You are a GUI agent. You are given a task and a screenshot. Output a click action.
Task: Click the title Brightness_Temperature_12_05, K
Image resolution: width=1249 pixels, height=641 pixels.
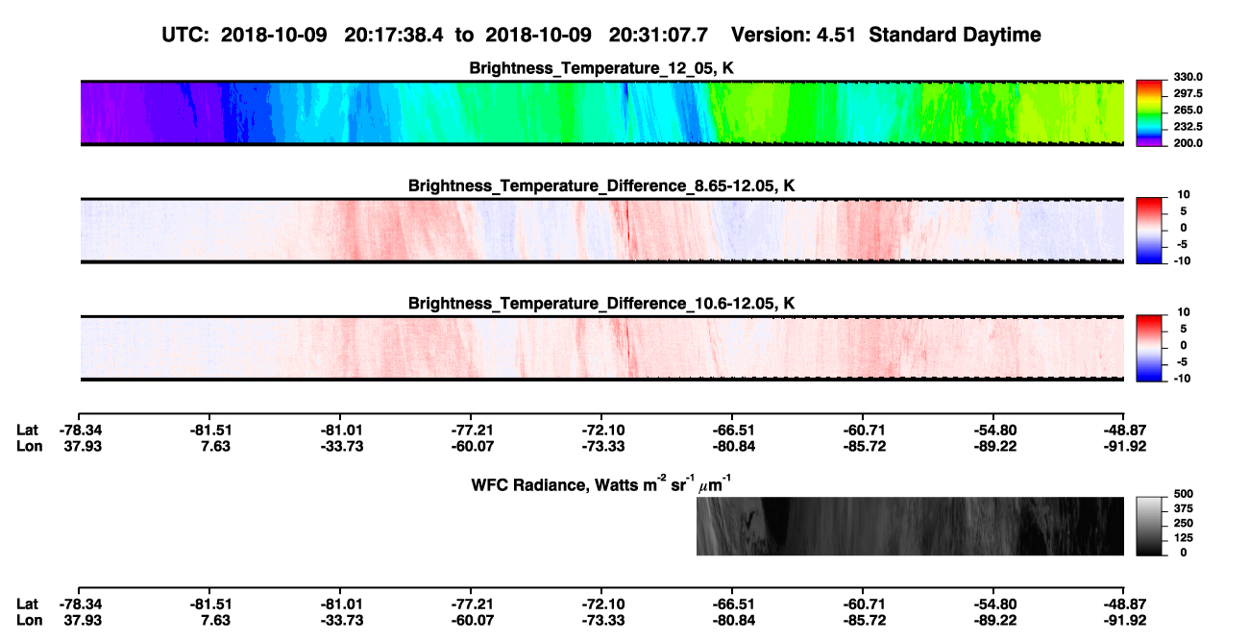tap(601, 68)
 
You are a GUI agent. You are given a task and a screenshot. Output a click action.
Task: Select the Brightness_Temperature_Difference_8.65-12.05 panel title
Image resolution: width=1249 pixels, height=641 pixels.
tap(601, 185)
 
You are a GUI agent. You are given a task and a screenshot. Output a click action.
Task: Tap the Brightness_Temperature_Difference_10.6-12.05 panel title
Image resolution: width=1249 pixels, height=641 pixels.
tap(601, 304)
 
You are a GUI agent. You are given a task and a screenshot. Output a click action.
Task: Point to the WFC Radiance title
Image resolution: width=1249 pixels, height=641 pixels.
tap(601, 483)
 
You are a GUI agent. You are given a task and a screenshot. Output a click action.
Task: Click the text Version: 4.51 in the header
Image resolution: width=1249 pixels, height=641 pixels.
tap(793, 35)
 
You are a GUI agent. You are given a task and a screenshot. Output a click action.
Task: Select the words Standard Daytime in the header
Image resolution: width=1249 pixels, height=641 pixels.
tap(955, 35)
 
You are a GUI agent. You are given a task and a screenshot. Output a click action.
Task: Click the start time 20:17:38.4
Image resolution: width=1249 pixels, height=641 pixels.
tap(394, 35)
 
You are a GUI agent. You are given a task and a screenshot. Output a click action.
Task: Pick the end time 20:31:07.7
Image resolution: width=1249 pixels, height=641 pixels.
tap(658, 35)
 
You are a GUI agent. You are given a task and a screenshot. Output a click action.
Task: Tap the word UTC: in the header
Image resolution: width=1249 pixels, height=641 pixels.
tap(185, 35)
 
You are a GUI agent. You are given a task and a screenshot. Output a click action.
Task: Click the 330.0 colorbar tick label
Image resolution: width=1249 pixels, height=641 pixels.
tap(1188, 77)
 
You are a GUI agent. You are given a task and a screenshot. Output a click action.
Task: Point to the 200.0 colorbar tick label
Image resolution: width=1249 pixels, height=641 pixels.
tap(1188, 143)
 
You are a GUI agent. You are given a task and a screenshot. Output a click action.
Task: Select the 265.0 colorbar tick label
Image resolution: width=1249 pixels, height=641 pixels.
tap(1188, 110)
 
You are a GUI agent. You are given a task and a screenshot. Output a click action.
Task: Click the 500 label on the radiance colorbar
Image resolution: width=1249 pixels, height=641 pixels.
tap(1184, 494)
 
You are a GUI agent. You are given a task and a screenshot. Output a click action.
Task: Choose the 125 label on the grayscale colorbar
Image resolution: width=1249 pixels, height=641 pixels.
tap(1184, 538)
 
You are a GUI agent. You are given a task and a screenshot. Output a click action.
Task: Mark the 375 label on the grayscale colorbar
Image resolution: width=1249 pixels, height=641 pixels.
tap(1184, 508)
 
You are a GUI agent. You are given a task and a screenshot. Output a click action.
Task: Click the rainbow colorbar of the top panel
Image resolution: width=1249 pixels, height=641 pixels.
tap(1149, 113)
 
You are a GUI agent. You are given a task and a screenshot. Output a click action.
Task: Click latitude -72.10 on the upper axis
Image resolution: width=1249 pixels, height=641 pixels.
tap(603, 431)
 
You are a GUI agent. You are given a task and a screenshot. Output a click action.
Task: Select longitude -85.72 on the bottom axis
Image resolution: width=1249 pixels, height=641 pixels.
tap(865, 621)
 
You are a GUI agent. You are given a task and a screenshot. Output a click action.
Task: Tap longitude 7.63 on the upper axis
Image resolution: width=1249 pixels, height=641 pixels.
tap(216, 446)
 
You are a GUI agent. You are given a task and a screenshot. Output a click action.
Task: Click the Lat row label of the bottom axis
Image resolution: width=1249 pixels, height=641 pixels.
tap(27, 604)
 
